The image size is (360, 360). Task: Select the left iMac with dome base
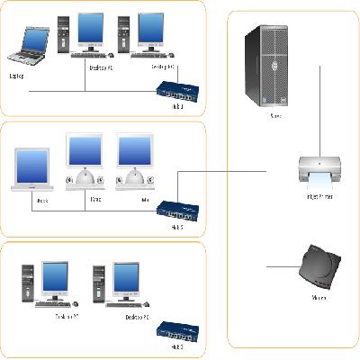88,162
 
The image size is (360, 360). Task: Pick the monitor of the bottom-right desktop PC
126,279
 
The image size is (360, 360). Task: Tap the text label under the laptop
17,76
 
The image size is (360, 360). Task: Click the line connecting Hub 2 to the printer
225,170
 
